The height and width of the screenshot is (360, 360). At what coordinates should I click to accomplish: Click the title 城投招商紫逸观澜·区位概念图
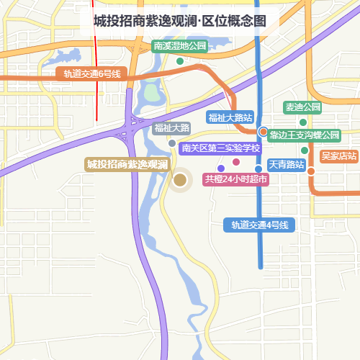point(179,21)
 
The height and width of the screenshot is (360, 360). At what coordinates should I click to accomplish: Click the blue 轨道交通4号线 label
point(260,225)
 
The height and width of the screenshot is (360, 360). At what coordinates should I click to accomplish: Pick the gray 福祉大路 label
point(171,128)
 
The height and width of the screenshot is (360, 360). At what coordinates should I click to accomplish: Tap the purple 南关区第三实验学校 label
point(220,148)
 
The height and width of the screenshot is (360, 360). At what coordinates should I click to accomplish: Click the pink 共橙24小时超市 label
point(235,179)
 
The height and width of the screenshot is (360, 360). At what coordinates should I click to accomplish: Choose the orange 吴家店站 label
point(338,155)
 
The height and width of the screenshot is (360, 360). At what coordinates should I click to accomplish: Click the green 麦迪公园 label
point(302,107)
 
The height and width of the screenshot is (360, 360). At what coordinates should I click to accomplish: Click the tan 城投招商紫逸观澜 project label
point(127,165)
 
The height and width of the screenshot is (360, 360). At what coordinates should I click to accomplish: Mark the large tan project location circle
point(180,180)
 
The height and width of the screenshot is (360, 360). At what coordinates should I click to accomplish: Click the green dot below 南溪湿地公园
point(180,60)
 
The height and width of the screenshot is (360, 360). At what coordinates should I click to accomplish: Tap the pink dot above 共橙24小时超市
point(235,161)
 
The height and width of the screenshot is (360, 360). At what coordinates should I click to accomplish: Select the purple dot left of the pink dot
point(220,168)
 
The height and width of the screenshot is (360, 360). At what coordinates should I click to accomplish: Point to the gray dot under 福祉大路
point(171,143)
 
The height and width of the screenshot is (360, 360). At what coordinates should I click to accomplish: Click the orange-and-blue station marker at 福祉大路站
point(263,132)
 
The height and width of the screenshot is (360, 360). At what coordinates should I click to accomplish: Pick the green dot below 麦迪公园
point(303,122)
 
